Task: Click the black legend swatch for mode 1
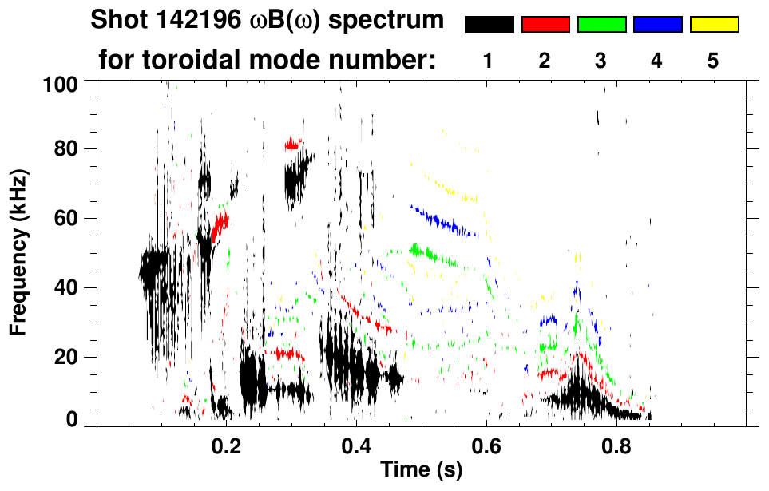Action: [x=489, y=25]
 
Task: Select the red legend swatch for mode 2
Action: [x=545, y=25]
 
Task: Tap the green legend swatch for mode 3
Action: [x=601, y=25]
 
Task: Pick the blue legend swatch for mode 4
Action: [x=657, y=25]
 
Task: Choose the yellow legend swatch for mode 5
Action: [x=713, y=25]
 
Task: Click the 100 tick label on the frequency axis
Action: [x=61, y=83]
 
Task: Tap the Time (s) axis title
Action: [x=421, y=470]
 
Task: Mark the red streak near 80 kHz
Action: [x=294, y=145]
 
